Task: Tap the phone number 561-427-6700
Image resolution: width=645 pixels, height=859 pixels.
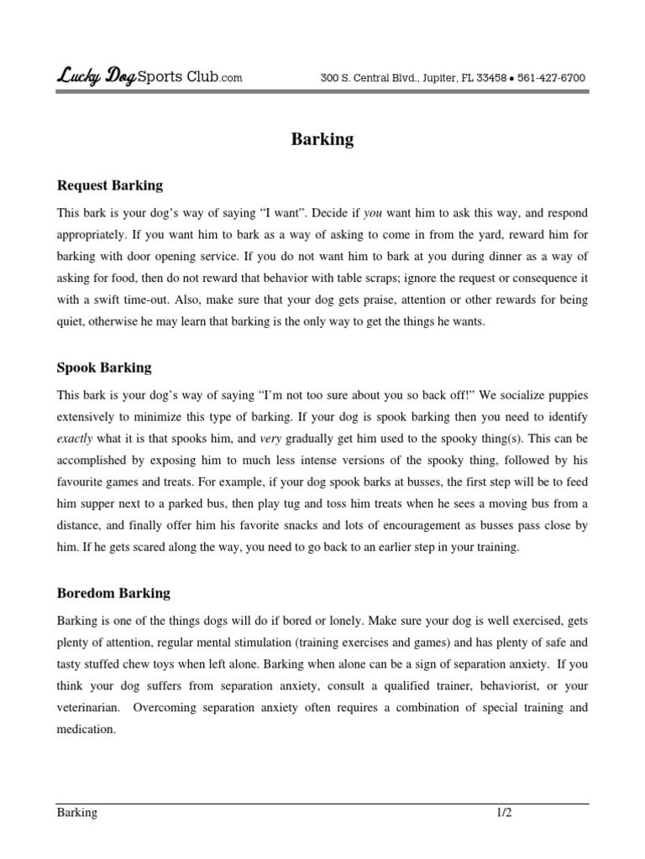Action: [551, 78]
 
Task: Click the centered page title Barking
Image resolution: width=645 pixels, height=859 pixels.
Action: [322, 140]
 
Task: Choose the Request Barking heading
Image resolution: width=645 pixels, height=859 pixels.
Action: [110, 185]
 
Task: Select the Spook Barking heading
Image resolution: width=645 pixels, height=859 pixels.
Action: [104, 367]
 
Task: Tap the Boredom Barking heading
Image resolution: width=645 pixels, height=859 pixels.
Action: [113, 593]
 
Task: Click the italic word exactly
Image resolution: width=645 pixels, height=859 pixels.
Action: [76, 439]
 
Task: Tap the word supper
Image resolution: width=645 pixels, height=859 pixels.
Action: [95, 504]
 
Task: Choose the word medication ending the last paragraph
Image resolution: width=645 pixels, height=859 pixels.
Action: [86, 730]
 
